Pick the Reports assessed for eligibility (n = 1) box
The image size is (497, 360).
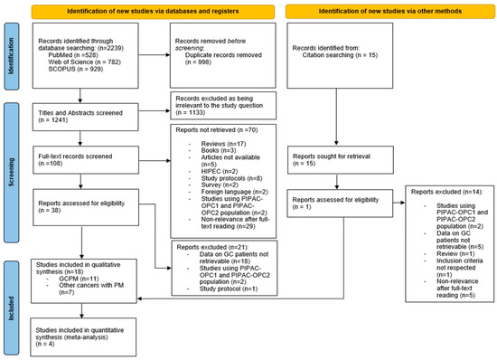tap(336, 203)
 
